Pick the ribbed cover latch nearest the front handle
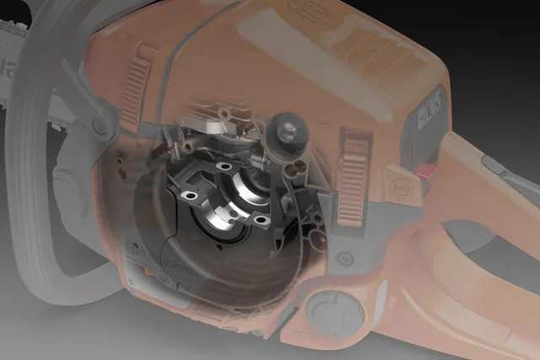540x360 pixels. click(136, 88)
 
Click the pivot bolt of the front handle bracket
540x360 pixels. click(100, 128)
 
